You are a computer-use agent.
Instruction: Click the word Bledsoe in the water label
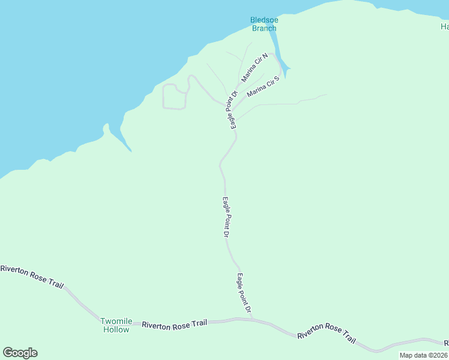(264, 20)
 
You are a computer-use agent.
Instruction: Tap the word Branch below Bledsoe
(264, 28)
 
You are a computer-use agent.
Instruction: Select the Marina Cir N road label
(255, 67)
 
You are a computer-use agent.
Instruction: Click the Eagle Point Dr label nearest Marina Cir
(231, 110)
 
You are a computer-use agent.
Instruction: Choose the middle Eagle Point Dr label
(226, 217)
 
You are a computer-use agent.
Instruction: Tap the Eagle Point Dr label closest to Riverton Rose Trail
(244, 293)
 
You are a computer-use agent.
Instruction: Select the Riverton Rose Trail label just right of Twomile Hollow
(175, 323)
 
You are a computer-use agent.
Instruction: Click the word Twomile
(115, 321)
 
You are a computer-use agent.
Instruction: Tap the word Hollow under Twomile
(115, 329)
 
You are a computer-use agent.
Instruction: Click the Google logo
(20, 353)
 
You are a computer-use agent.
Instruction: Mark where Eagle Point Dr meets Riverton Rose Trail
(253, 319)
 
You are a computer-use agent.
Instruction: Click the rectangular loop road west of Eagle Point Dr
(174, 97)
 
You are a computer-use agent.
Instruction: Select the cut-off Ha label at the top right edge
(445, 26)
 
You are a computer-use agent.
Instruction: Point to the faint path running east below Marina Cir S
(282, 104)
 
